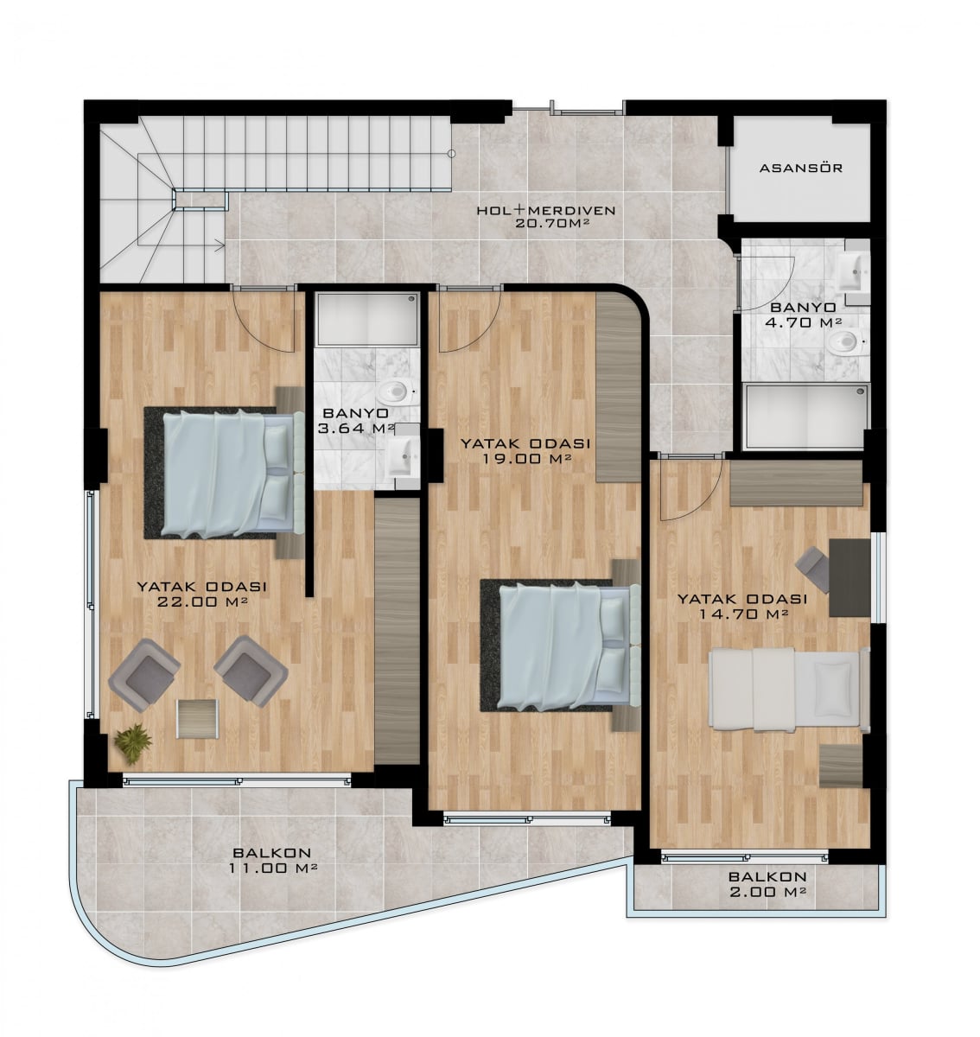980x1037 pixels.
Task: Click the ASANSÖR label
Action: point(801,169)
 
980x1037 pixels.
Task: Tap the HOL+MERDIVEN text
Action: point(546,211)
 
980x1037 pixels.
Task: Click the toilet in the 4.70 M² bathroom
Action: point(847,341)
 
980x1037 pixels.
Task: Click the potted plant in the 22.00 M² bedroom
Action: point(133,742)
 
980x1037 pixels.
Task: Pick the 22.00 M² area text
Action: point(201,601)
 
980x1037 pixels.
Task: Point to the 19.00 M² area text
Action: point(525,458)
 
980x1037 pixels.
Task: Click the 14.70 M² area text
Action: point(742,614)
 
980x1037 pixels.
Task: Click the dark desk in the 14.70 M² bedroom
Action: point(850,578)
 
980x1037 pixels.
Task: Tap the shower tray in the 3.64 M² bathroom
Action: point(368,319)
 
